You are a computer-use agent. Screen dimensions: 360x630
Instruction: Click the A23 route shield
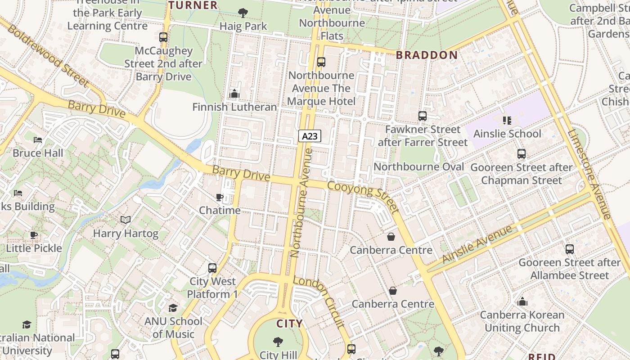(310, 136)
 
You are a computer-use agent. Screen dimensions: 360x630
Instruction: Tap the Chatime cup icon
(220, 197)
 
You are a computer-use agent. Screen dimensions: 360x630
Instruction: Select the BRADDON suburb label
(427, 55)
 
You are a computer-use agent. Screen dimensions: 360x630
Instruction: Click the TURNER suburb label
(193, 5)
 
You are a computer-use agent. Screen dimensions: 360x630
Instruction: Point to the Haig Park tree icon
(243, 13)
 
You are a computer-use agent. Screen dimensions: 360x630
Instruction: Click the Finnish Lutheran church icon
(234, 94)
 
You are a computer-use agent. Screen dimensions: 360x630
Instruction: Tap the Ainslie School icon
(507, 120)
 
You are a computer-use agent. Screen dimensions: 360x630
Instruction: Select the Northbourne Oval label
(418, 167)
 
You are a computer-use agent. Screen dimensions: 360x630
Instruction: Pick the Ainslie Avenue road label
(477, 243)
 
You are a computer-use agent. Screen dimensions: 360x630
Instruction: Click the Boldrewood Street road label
(48, 55)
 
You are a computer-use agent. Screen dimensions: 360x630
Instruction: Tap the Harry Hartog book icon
(126, 220)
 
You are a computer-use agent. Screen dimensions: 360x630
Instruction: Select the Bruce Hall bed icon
(38, 139)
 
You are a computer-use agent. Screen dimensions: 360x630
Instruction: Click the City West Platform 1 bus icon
(212, 268)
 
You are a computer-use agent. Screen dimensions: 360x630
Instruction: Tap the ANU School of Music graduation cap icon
(173, 308)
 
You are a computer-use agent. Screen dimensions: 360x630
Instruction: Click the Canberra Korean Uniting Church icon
(522, 301)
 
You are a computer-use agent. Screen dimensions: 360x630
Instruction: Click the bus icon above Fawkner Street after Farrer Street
(422, 116)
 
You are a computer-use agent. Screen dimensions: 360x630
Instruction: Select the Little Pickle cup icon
(34, 234)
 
